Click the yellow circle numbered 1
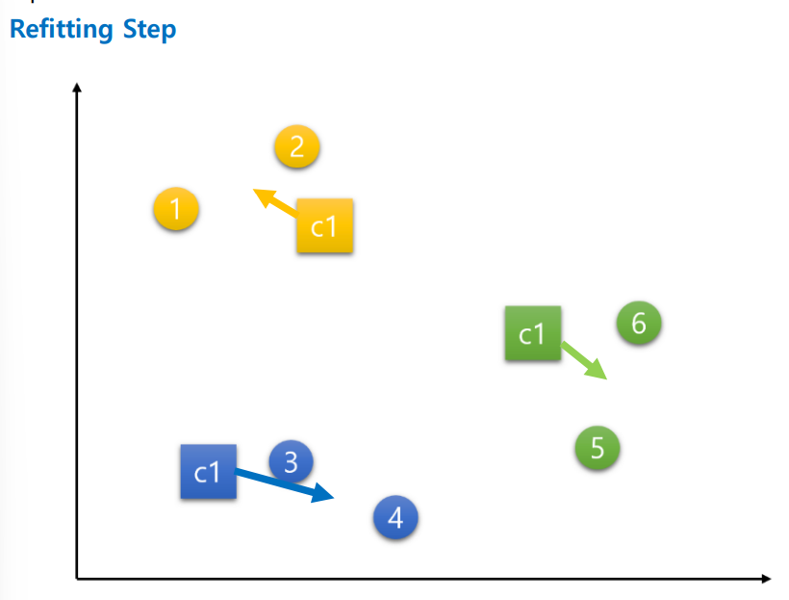pyautogui.click(x=176, y=209)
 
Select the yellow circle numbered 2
pyautogui.click(x=296, y=147)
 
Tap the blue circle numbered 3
pyautogui.click(x=292, y=462)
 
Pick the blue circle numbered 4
pyautogui.click(x=395, y=518)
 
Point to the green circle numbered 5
pyautogui.click(x=598, y=448)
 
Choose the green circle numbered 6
pyautogui.click(x=639, y=323)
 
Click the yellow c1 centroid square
pyautogui.click(x=325, y=226)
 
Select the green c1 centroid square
pyautogui.click(x=533, y=333)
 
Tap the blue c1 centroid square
pyautogui.click(x=208, y=472)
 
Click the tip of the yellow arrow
pyautogui.click(x=255, y=191)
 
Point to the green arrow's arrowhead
pyautogui.click(x=604, y=377)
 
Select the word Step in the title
pyautogui.click(x=149, y=29)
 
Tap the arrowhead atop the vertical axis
pyautogui.click(x=77, y=89)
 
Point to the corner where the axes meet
pyautogui.click(x=77, y=579)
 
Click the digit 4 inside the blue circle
pyautogui.click(x=395, y=518)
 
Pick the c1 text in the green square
pyautogui.click(x=532, y=334)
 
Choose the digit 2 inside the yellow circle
pyautogui.click(x=296, y=147)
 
